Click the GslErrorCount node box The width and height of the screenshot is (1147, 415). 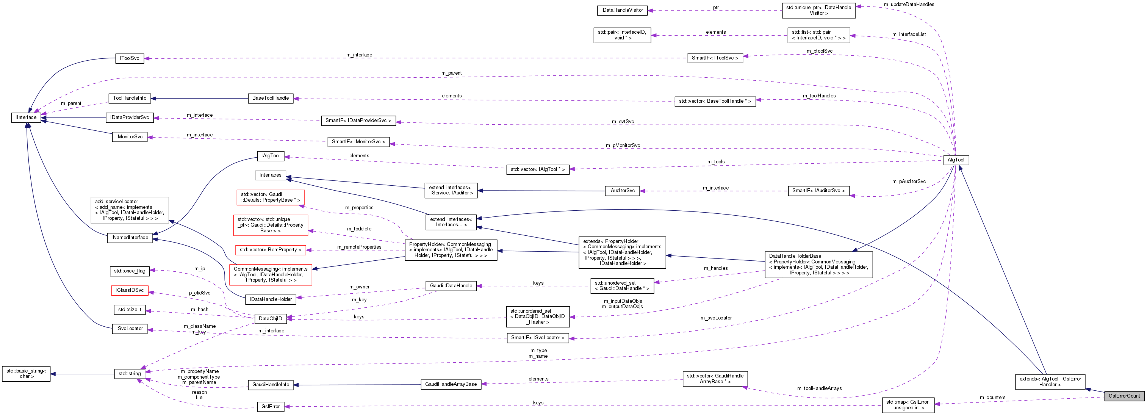pos(1124,396)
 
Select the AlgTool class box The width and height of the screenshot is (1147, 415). pos(956,160)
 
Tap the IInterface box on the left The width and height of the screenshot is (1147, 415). pos(26,117)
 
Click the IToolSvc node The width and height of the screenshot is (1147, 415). pos(129,58)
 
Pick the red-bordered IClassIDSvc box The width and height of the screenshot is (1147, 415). pos(129,290)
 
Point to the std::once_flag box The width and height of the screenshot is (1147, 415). pos(129,271)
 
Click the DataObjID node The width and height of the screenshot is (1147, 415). pos(270,318)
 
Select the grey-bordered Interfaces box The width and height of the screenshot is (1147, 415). pos(270,175)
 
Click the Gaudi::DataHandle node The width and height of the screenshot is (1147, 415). pos(451,286)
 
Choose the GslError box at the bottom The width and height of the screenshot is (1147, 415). pos(270,407)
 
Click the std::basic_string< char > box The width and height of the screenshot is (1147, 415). pos(26,374)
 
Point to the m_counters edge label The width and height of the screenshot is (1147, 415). pos(992,398)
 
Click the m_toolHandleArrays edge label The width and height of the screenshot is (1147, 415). pos(819,388)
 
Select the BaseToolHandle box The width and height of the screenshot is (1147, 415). pos(270,98)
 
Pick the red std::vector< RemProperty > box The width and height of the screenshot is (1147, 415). pos(270,250)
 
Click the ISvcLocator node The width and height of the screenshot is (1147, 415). pos(129,329)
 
